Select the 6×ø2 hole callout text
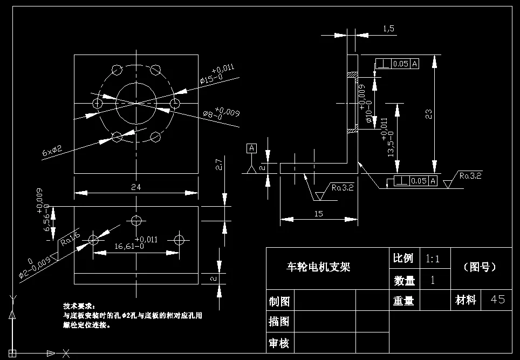tap(53, 151)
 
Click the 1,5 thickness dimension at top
tap(388, 29)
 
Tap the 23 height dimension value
tap(428, 114)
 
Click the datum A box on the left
tap(251, 147)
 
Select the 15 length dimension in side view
tap(318, 214)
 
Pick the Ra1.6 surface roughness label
tap(70, 239)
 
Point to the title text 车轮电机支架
tap(318, 267)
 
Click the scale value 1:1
tap(433, 259)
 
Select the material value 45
tap(497, 300)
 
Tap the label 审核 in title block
tap(279, 342)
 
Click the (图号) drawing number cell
tap(480, 267)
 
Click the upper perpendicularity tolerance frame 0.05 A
tap(396, 64)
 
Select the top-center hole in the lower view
tap(136, 220)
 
